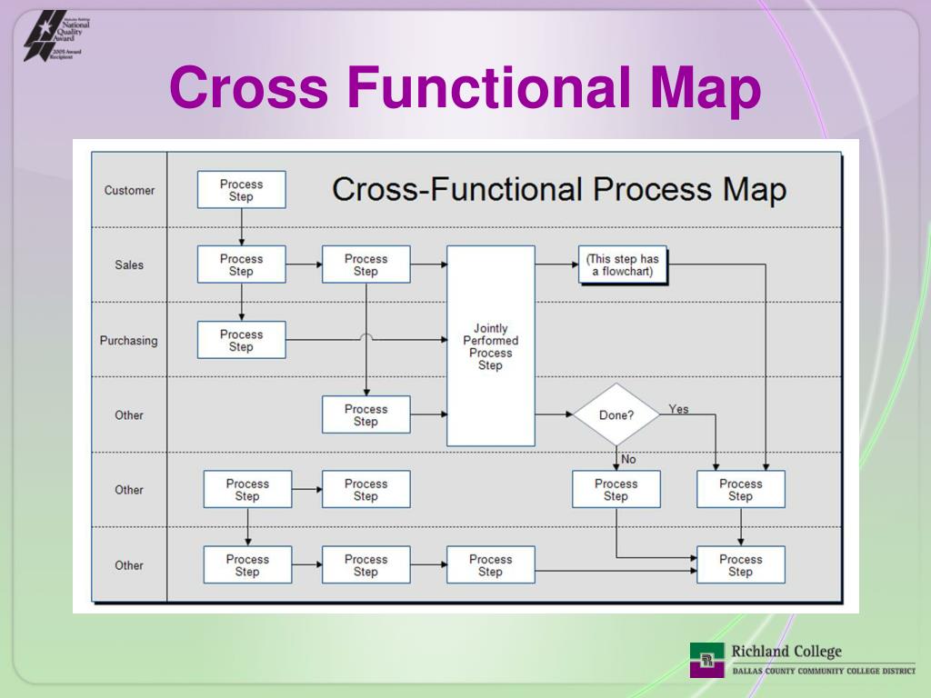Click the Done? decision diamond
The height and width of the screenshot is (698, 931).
[616, 415]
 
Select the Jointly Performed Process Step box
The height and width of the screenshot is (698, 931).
[490, 346]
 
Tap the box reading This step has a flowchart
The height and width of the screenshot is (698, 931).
[623, 264]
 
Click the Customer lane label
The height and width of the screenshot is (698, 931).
[129, 190]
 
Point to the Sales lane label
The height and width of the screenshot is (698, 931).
[129, 264]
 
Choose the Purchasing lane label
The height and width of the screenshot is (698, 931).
[128, 340]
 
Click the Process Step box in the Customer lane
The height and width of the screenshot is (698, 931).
[241, 190]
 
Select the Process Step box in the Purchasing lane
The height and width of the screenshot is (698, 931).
[241, 340]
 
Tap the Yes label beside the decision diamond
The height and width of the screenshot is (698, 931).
[678, 409]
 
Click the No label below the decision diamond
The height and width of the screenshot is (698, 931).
[628, 459]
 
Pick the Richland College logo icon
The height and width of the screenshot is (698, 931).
[706, 659]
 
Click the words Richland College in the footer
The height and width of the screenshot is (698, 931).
[786, 651]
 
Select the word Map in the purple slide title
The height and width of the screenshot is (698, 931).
[706, 89]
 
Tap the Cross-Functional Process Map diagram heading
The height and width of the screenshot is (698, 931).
[558, 190]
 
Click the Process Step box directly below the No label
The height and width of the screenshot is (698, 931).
[616, 490]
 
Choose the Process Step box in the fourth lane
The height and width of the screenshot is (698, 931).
[365, 414]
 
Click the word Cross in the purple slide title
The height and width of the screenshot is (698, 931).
[248, 89]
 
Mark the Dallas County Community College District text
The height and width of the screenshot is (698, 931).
[824, 671]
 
